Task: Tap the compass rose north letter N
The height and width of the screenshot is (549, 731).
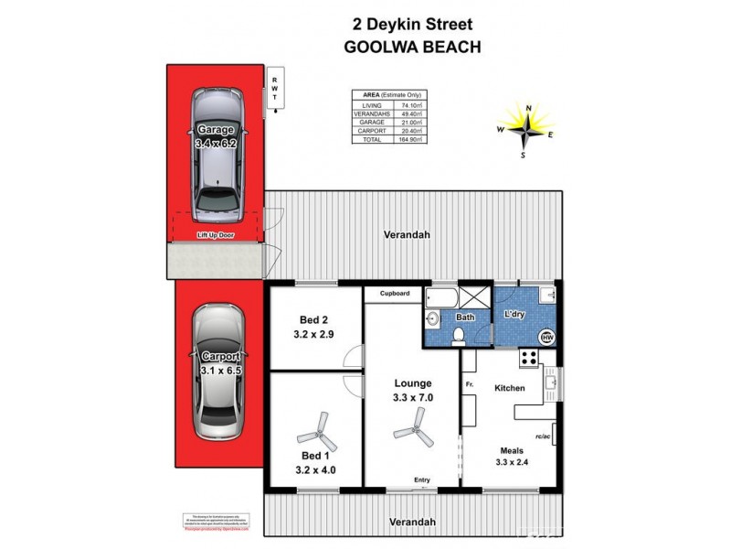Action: point(528,108)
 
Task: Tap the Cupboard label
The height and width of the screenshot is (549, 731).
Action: point(393,294)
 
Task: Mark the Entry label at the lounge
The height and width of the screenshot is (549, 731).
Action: point(422,480)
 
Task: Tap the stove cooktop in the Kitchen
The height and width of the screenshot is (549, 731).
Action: point(527,359)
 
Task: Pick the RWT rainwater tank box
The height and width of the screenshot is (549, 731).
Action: point(273,91)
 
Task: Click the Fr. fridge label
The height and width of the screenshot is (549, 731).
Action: point(469,383)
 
